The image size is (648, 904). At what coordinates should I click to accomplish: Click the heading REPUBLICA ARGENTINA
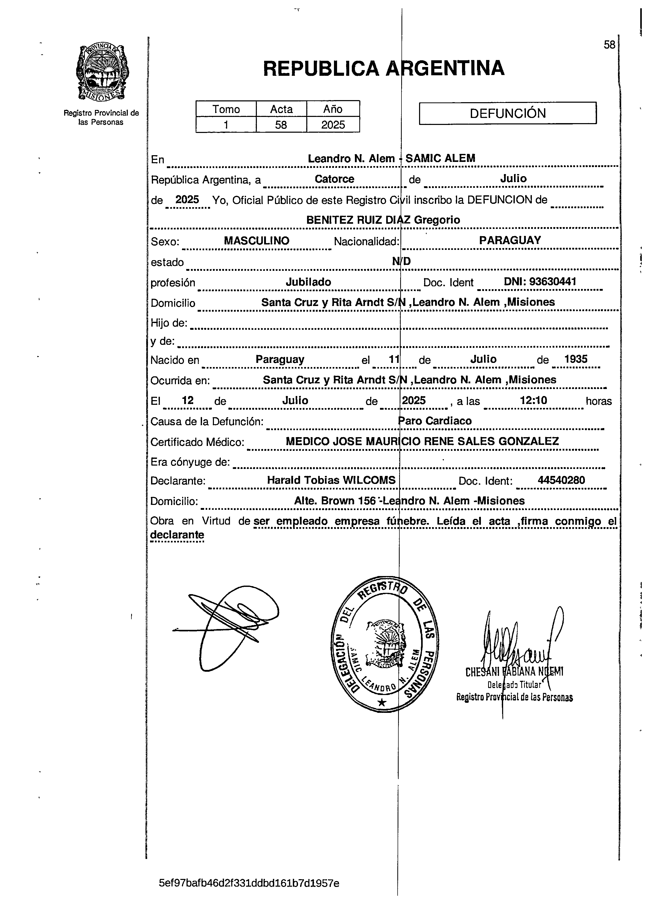point(383,69)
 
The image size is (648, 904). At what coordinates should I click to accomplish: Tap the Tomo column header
point(226,109)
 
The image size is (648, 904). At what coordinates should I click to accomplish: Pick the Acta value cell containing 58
point(281,125)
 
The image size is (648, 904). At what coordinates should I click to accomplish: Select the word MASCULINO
point(256,241)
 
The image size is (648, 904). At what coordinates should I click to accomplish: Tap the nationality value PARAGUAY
point(510,240)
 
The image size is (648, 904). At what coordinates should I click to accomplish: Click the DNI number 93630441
point(553,281)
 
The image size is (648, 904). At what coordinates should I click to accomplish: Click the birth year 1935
point(576,359)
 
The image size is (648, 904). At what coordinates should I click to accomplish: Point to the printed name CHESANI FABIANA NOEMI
point(514,672)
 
